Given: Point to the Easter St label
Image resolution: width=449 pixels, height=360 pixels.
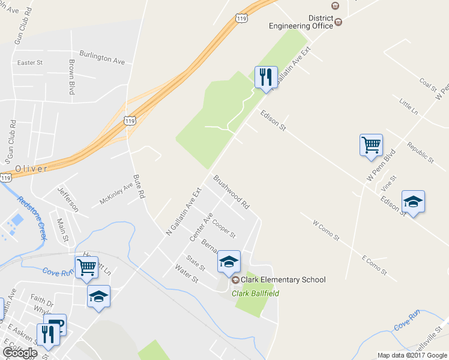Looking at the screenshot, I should coord(30,62).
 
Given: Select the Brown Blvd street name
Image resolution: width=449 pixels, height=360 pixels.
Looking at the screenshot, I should coord(71,77).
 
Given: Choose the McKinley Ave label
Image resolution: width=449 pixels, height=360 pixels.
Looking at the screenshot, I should coord(116,194).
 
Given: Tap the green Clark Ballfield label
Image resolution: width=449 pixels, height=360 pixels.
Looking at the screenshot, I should coord(256,293).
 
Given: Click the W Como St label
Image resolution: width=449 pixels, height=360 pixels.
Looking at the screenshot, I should coord(326,231).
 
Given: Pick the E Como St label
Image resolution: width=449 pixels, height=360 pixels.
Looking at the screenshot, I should coord(375,265).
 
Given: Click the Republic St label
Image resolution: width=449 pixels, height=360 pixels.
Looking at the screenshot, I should coord(420,152).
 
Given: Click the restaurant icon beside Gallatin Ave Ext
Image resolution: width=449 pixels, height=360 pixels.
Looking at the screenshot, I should coord(265,77).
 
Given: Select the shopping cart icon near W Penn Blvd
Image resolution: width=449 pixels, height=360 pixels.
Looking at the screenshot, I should coord(371,145).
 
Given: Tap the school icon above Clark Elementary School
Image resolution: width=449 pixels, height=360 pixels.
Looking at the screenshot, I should coord(229,262).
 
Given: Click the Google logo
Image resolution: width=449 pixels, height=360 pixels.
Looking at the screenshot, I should coord(19,353).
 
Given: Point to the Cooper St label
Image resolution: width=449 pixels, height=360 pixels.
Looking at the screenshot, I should coord(223,228).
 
